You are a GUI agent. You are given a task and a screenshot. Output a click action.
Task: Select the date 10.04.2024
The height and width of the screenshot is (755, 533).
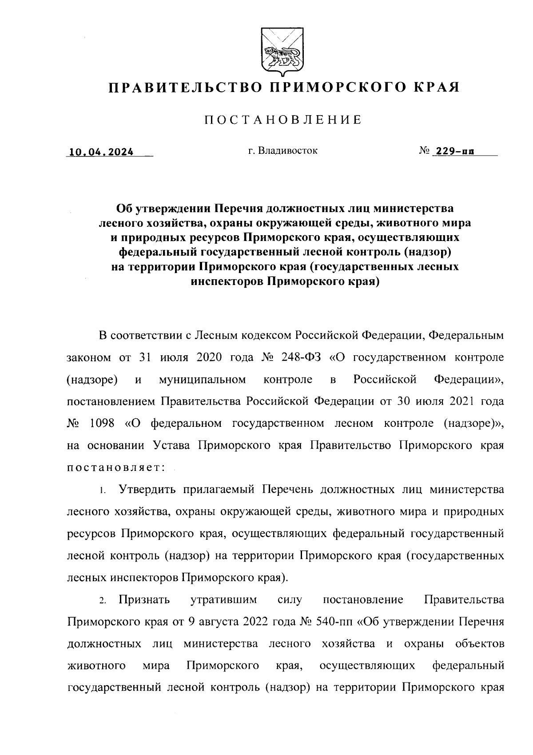[100, 152]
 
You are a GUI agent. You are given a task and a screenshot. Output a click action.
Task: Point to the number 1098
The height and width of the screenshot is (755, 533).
[102, 423]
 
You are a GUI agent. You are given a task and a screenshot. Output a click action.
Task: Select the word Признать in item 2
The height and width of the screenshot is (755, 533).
[144, 600]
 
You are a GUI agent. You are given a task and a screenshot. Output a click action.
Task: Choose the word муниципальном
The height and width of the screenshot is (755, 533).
[202, 380]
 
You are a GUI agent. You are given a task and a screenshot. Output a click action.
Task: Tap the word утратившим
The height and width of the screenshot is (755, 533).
[224, 600]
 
